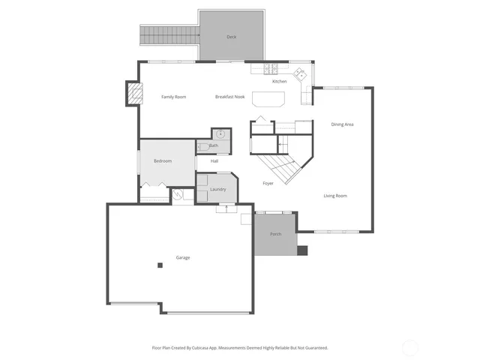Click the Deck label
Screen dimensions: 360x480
pos(232,37)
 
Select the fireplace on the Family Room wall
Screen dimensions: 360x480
pos(133,94)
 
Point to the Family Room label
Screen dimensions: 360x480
pos(174,97)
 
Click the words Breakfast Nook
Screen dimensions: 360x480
pos(229,97)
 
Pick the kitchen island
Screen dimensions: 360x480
pos(269,100)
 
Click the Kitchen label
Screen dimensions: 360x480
pos(279,81)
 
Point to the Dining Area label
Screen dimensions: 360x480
pos(342,124)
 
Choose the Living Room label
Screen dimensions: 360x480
pos(335,196)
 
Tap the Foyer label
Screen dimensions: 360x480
pos(268,183)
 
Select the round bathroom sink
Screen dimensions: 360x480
pos(221,134)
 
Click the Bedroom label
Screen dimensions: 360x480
pos(163,161)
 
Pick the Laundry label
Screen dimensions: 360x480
pos(218,190)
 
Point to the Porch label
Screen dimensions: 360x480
pos(276,234)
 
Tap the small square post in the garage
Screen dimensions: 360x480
pos(160,265)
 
